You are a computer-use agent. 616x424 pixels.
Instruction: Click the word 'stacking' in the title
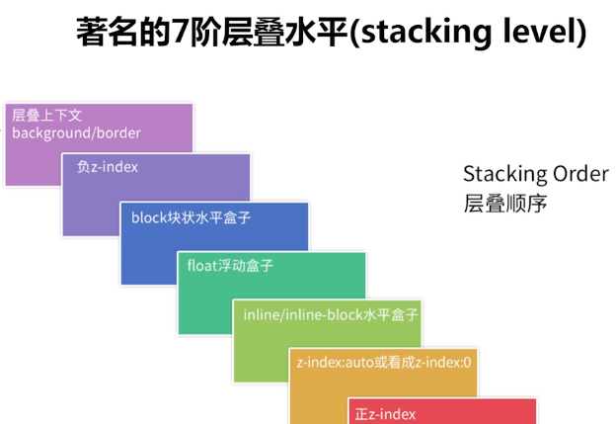(x=425, y=33)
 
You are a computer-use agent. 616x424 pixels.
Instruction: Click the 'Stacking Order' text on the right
(x=536, y=174)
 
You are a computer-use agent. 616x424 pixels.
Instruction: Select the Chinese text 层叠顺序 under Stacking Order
(x=505, y=204)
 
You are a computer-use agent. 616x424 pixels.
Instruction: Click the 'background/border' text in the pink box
(x=76, y=133)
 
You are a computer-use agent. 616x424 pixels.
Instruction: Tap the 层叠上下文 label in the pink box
(x=46, y=116)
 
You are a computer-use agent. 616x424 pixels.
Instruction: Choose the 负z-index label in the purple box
(x=108, y=167)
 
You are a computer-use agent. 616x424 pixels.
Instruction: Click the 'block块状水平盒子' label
(x=191, y=217)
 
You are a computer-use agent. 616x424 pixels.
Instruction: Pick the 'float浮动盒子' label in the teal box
(x=230, y=266)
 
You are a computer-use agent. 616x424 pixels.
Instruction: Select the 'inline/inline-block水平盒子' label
(x=331, y=314)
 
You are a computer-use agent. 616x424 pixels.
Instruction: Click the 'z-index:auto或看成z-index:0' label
(x=384, y=363)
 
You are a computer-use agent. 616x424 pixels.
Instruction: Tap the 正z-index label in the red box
(x=385, y=414)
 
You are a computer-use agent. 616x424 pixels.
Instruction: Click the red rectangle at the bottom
(x=442, y=411)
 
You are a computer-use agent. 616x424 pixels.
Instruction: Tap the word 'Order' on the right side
(x=580, y=174)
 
